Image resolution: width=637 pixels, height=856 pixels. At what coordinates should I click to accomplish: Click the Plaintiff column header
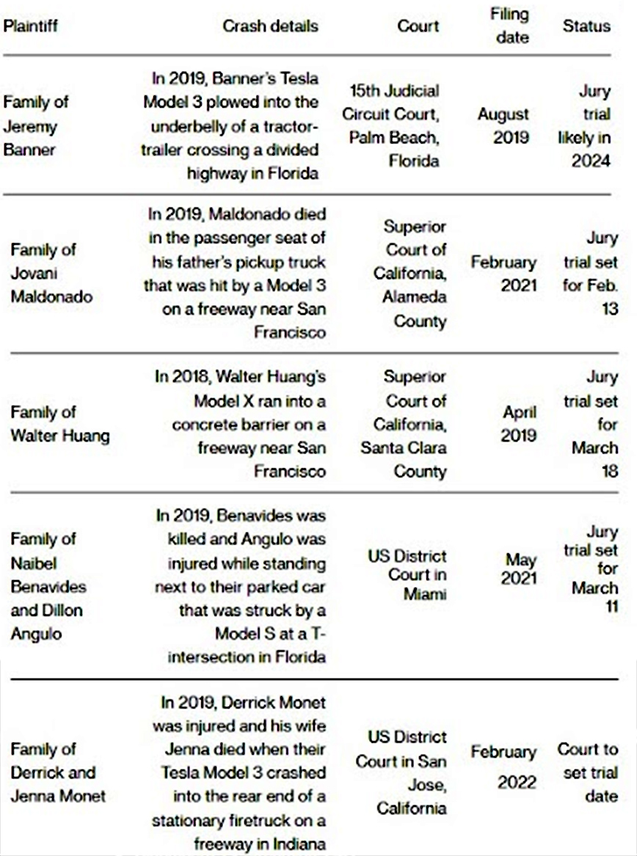[x=31, y=26]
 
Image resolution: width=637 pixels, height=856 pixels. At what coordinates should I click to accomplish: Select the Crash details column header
[x=271, y=26]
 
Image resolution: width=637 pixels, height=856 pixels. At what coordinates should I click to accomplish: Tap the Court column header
[x=418, y=26]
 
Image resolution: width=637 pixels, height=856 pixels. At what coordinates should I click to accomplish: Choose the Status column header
[x=586, y=26]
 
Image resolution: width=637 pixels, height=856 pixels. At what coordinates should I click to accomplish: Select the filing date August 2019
[x=503, y=125]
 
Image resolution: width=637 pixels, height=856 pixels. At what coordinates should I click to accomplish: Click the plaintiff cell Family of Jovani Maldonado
[x=43, y=273]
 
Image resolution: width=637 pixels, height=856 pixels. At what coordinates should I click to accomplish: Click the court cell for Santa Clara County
[x=403, y=424]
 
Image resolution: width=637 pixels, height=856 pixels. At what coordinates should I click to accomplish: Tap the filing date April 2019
[x=518, y=424]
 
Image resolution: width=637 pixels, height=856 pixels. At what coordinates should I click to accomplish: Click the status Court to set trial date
[x=588, y=772]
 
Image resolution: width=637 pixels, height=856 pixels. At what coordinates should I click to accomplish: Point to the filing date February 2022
[x=503, y=767]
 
